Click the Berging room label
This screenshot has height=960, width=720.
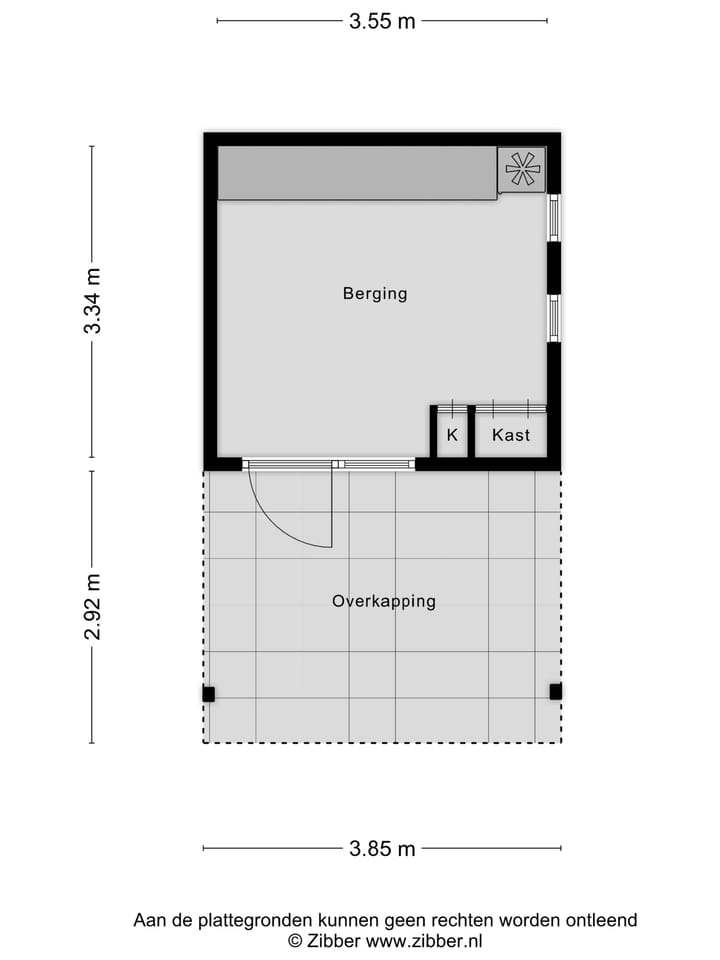(x=375, y=294)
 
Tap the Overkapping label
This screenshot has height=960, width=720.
(x=384, y=601)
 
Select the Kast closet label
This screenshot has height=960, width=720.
(x=511, y=435)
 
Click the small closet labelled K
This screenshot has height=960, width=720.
(x=452, y=435)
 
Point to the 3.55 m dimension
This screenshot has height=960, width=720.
(x=382, y=21)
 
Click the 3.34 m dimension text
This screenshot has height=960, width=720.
(x=92, y=301)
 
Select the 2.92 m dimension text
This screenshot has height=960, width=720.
(x=92, y=607)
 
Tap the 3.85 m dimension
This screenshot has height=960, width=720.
(x=382, y=849)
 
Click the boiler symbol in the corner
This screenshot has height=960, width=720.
(x=521, y=169)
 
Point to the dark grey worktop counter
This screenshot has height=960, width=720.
(x=357, y=173)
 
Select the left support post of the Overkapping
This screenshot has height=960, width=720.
(x=209, y=693)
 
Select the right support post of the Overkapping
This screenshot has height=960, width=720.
(x=555, y=691)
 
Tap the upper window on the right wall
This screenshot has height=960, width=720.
(x=553, y=217)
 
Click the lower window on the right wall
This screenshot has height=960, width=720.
(x=553, y=317)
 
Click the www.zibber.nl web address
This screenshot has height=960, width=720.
(x=424, y=940)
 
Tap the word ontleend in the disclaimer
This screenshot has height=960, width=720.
(x=604, y=920)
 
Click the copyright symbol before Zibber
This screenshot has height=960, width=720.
(x=295, y=940)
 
